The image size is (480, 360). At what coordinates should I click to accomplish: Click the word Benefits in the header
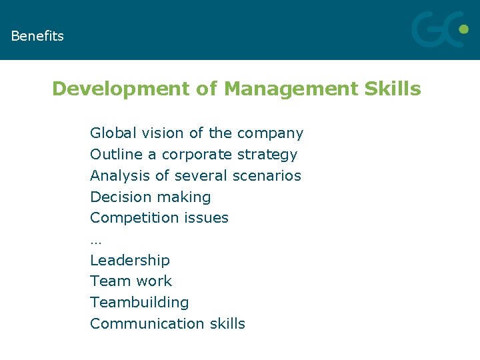[x=37, y=36]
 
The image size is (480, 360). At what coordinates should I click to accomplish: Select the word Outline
[x=117, y=155]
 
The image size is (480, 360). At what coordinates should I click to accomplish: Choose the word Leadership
[x=130, y=260]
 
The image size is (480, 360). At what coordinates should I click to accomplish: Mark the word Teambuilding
[x=139, y=303]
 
